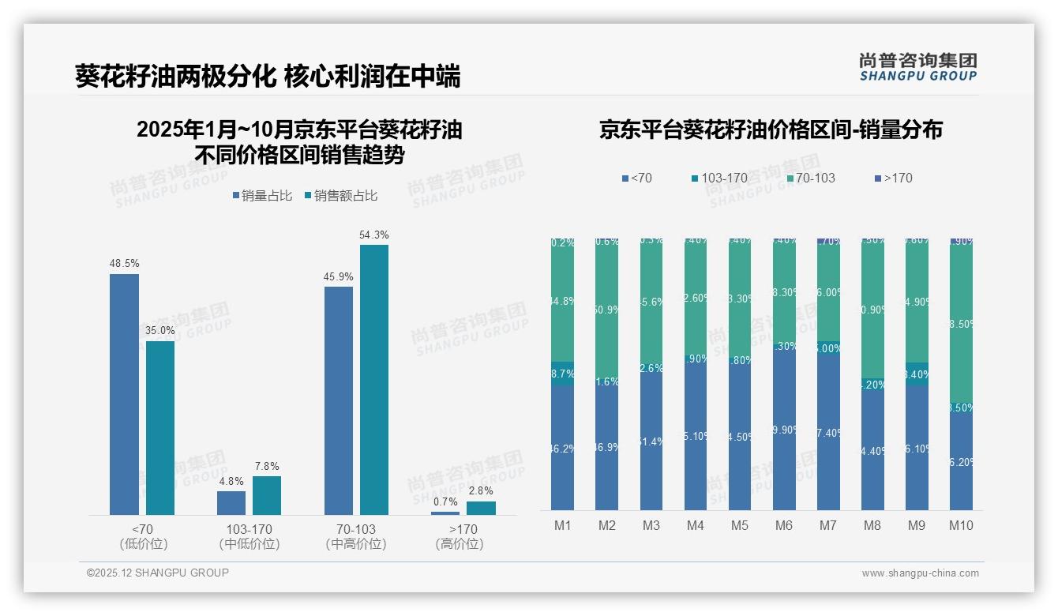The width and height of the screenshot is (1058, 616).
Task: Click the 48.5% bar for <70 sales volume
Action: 124,395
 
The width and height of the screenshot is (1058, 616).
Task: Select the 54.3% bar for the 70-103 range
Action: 374,379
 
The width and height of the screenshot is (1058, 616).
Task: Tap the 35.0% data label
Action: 160,330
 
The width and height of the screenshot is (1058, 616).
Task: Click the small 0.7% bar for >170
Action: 445,513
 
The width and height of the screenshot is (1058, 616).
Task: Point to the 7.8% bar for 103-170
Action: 267,495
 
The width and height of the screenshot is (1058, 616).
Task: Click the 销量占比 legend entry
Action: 265,196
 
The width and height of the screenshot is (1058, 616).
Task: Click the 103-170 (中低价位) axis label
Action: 249,536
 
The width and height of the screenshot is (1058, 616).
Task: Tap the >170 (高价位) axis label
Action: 459,536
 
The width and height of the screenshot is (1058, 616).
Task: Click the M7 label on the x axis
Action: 828,525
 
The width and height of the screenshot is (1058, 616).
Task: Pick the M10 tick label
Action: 961,525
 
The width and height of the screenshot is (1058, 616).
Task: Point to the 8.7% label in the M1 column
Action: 562,374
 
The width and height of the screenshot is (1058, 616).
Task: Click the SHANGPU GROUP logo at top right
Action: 918,67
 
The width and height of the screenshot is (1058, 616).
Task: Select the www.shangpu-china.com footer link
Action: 920,573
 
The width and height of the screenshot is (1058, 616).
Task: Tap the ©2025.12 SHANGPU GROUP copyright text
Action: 158,573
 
